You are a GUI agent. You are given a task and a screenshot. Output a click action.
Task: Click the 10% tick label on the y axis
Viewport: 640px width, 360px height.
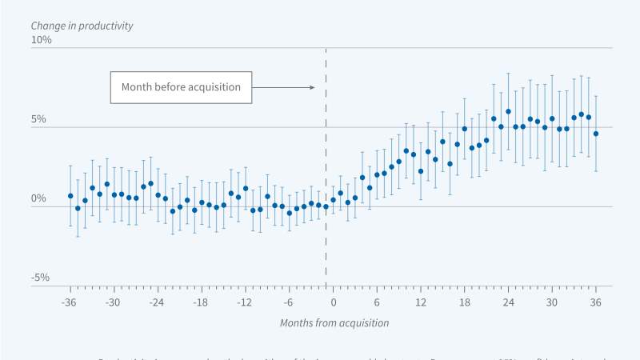(41, 39)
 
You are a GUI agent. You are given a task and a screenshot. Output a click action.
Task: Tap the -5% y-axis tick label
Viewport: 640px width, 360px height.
(41, 278)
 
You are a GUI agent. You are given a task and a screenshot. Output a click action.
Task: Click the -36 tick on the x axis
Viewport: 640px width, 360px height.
(70, 303)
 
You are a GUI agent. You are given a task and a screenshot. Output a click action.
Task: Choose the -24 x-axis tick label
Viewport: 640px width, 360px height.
(157, 303)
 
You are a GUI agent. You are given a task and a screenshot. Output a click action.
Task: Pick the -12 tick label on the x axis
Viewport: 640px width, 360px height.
(245, 303)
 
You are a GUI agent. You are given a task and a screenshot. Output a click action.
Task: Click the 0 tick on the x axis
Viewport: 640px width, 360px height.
(333, 303)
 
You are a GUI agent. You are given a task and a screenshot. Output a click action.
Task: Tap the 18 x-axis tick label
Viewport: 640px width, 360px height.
(464, 303)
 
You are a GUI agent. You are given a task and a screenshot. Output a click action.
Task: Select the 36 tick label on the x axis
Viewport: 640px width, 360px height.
(596, 303)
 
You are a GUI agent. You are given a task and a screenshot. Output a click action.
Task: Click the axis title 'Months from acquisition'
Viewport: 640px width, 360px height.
(334, 323)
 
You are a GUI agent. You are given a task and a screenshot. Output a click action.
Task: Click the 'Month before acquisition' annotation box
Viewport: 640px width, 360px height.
(181, 87)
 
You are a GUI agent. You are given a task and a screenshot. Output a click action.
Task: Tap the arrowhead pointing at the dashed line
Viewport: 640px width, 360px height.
(311, 87)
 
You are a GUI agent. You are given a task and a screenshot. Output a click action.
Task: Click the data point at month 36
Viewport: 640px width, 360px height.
(596, 134)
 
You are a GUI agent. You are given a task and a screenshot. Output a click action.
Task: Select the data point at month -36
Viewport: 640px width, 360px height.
(70, 195)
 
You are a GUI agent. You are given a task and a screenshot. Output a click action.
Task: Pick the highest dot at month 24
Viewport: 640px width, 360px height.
(508, 112)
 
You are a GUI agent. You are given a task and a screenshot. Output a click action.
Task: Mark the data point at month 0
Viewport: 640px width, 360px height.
(333, 200)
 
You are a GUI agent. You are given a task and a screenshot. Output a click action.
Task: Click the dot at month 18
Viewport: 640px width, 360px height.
(464, 129)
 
